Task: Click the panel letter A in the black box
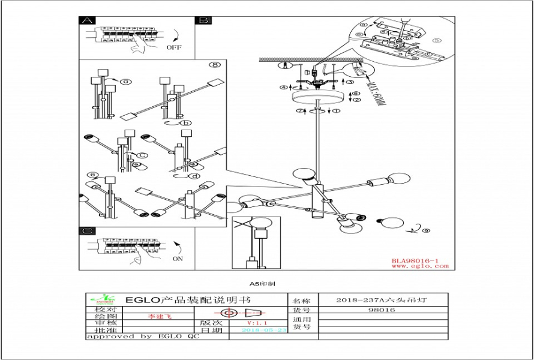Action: tap(88, 20)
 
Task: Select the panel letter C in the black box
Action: tap(88, 231)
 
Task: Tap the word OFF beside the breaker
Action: tap(174, 47)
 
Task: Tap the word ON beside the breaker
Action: tap(178, 259)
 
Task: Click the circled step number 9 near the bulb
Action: tap(425, 230)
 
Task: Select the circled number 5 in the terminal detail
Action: tap(436, 41)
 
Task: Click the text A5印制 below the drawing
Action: tap(262, 283)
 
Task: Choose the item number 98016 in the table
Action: tap(383, 310)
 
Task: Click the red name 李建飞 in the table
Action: tap(160, 316)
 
